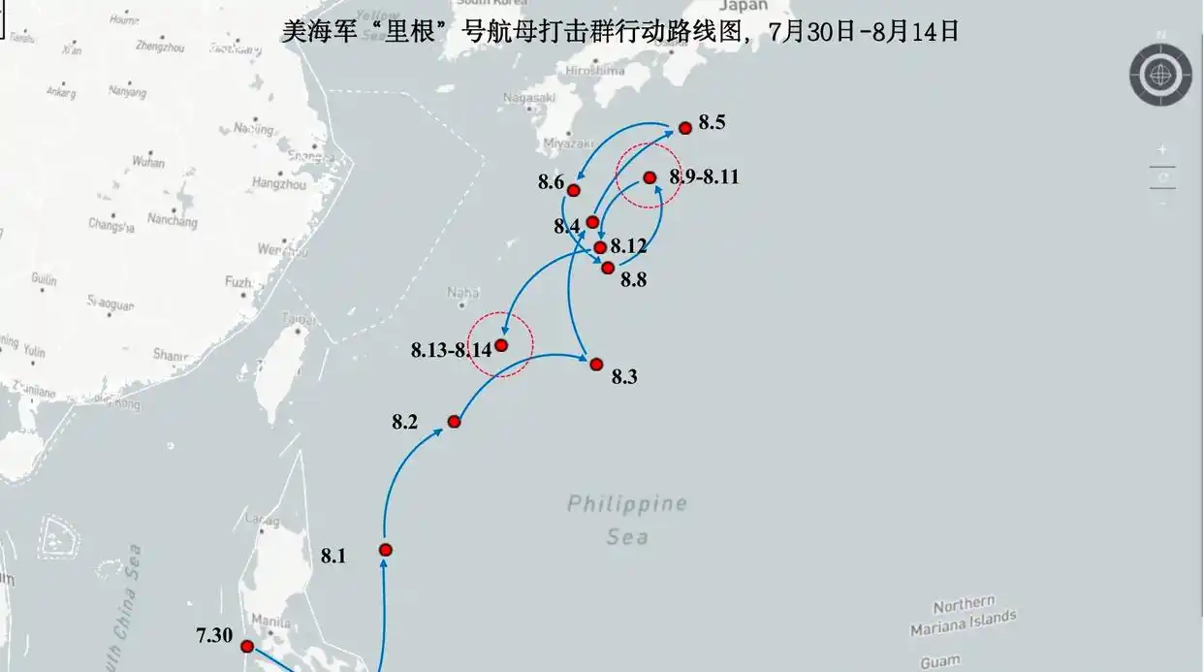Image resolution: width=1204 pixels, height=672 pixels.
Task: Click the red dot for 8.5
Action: (x=685, y=127)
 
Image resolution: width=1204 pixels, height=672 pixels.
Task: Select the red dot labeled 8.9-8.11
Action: (x=650, y=177)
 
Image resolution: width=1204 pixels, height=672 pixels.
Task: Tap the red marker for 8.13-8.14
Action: (x=501, y=345)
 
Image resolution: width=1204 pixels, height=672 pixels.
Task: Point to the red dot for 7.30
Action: (x=247, y=646)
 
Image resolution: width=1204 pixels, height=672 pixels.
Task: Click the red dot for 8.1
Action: (x=386, y=550)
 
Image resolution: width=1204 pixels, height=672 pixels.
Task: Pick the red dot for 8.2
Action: (x=454, y=421)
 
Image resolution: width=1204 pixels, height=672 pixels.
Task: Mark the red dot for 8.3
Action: (x=596, y=364)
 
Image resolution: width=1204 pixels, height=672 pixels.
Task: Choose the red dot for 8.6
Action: (x=574, y=190)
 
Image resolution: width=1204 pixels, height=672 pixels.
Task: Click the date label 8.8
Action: (x=633, y=280)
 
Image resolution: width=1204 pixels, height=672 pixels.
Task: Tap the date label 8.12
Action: (x=628, y=246)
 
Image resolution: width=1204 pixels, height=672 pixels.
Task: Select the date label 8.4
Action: (x=567, y=226)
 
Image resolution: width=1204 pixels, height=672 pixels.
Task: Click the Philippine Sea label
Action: (x=627, y=519)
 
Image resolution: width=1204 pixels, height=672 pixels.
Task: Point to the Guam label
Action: (x=939, y=661)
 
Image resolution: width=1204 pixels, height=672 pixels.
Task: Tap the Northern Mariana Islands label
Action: (x=964, y=617)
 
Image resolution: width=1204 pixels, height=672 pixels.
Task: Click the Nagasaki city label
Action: (x=529, y=97)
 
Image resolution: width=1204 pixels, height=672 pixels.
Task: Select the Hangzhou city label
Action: (x=278, y=183)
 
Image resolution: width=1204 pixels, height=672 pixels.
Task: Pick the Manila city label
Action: (x=270, y=621)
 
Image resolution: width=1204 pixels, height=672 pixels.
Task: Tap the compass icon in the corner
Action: (x=1159, y=74)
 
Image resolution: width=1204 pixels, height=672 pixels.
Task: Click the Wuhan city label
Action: (x=148, y=162)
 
